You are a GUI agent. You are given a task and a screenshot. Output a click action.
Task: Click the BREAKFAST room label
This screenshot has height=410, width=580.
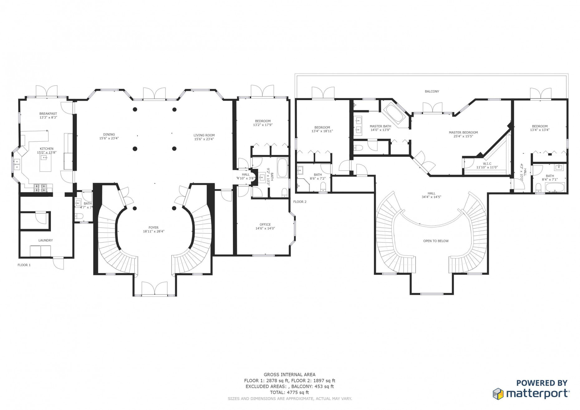coord(48,113)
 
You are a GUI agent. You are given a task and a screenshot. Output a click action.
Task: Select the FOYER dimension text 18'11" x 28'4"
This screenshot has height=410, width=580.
coord(153,231)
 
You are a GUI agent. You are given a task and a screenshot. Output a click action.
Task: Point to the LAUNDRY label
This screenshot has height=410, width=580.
coord(46,240)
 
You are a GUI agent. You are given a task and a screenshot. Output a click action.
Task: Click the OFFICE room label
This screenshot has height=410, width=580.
coord(265,224)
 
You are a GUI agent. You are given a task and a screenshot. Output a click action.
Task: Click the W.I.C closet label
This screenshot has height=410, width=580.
coord(487,163)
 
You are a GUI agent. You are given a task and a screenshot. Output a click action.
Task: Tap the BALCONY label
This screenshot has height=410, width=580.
coord(432,91)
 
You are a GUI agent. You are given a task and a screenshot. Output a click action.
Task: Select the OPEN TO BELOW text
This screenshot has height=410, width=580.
coord(436,241)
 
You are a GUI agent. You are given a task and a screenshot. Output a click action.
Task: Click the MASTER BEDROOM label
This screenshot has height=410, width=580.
coord(463,132)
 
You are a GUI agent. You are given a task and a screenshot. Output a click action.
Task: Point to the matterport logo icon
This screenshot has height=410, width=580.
coord(498,393)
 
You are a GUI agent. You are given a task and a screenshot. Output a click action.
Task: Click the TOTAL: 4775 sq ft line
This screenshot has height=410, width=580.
coord(289,392)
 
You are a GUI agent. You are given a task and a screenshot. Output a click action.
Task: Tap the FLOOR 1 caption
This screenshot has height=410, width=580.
coord(24,265)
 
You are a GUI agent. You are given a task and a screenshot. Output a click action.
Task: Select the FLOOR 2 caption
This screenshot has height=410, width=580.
coord(300,202)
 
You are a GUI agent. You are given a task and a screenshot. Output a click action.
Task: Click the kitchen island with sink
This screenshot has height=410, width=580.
coord(46,163)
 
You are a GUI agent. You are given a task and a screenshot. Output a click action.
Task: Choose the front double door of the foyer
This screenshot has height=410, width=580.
coord(154,288)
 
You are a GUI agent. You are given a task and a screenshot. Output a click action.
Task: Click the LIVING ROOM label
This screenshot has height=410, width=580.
coord(204,135)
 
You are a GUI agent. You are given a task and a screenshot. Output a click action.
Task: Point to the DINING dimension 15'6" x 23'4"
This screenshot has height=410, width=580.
coord(109,138)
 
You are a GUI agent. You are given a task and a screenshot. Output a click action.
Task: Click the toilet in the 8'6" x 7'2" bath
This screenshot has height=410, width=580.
coord(323,187)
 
